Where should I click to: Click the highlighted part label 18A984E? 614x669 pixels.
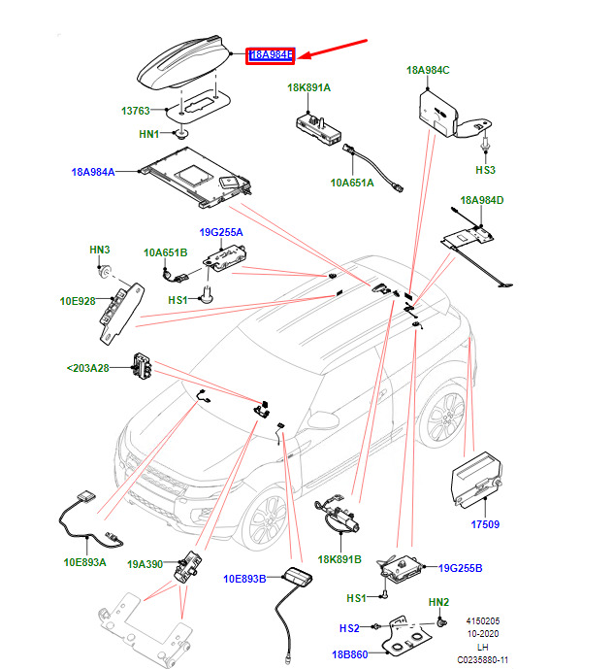pyautogui.click(x=272, y=55)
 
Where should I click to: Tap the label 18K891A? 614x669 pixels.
pyautogui.click(x=308, y=88)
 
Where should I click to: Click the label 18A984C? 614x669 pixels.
pyautogui.click(x=428, y=70)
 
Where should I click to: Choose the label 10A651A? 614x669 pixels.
pyautogui.click(x=351, y=182)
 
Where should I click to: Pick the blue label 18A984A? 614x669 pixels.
pyautogui.click(x=92, y=172)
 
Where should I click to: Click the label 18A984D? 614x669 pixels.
pyautogui.click(x=482, y=200)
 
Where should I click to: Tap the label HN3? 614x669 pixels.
pyautogui.click(x=100, y=250)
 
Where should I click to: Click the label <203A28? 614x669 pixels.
pyautogui.click(x=89, y=368)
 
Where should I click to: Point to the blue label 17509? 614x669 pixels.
pyautogui.click(x=484, y=524)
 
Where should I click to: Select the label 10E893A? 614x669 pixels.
pyautogui.click(x=85, y=561)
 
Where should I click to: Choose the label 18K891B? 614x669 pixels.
pyautogui.click(x=338, y=558)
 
